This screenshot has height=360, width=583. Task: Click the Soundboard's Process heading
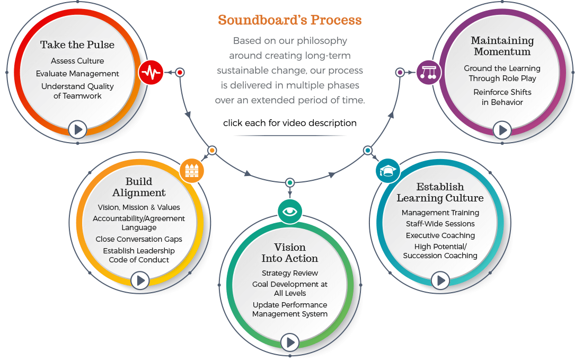tap(290, 20)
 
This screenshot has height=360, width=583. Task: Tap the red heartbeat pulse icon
tap(151, 73)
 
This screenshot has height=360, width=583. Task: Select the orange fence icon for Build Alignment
tap(192, 171)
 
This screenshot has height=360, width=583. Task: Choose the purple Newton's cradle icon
tap(428, 73)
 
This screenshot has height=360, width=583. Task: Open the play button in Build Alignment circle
tap(139, 280)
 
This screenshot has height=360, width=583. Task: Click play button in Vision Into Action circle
tap(290, 343)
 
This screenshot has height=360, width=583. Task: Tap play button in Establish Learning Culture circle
tap(440, 280)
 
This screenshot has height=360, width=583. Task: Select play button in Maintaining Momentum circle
tap(502, 129)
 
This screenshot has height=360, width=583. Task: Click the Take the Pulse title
tap(77, 45)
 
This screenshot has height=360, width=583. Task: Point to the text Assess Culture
tap(77, 61)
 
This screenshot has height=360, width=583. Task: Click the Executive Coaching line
tap(440, 235)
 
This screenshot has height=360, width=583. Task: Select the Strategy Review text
tap(290, 273)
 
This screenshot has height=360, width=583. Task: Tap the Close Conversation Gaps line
tap(139, 239)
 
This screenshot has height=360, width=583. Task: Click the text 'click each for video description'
tap(290, 123)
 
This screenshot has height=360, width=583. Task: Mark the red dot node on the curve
tap(180, 72)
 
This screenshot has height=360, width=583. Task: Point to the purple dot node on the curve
tap(400, 72)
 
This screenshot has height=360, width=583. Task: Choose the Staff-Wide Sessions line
tap(440, 224)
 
